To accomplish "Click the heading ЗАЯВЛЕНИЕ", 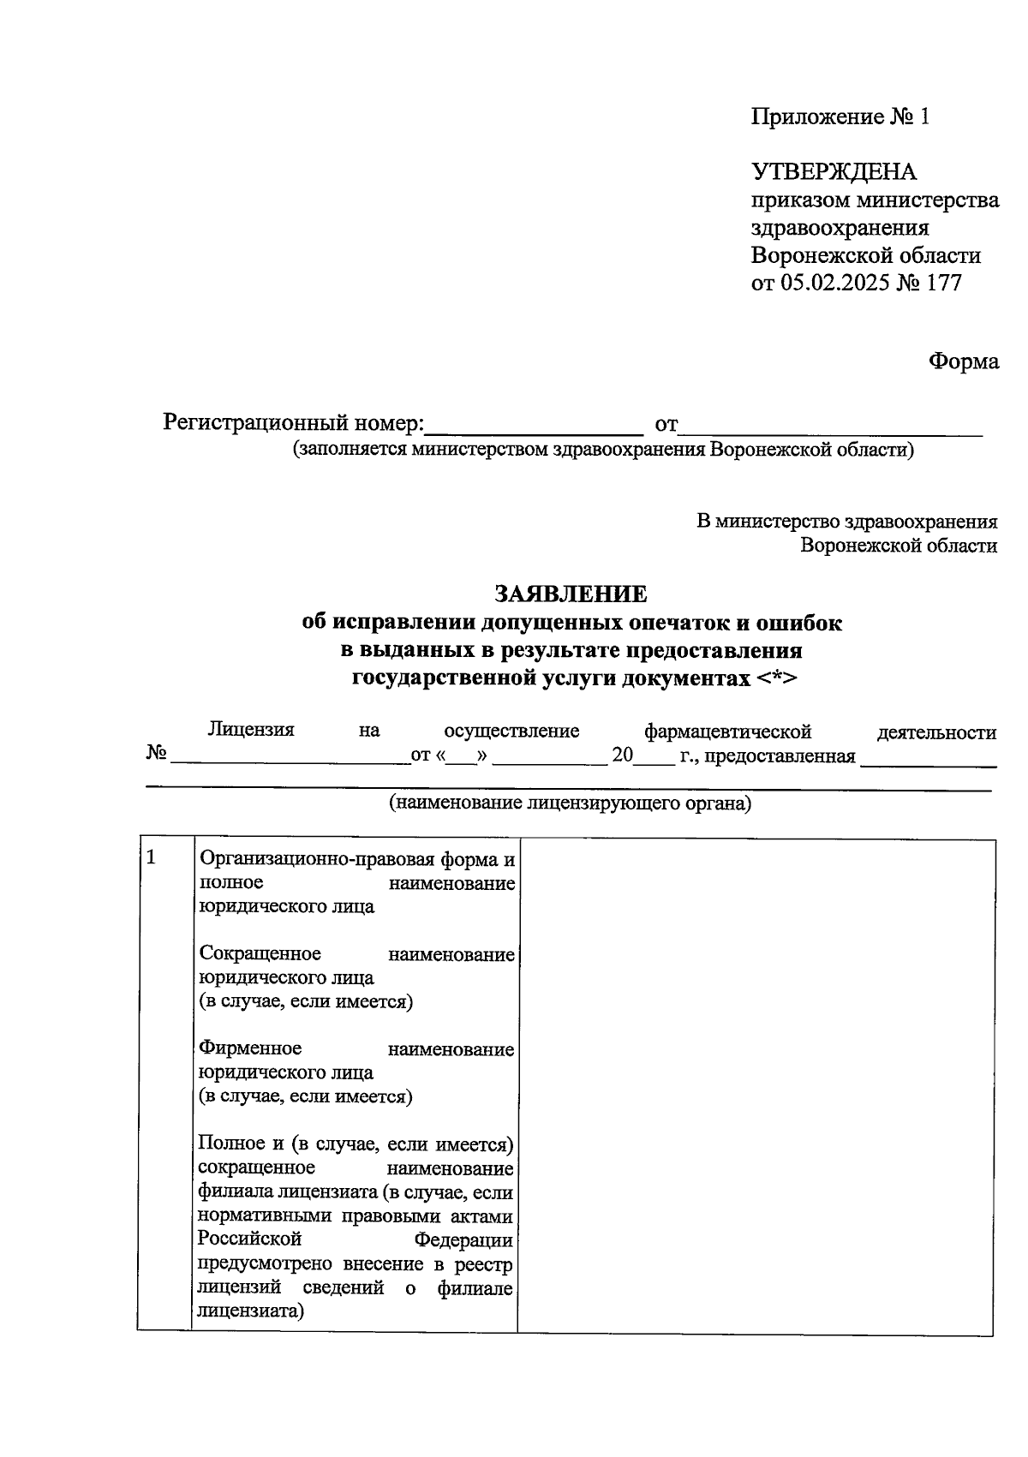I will coord(570,594).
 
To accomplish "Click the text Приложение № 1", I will coord(840,116).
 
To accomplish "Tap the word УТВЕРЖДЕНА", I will coord(834,172).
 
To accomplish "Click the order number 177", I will coord(944,283).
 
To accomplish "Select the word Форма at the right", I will coord(964,361).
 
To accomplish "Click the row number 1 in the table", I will coord(152,857).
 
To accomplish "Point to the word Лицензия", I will coord(250,730).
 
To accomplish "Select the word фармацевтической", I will coord(727,731).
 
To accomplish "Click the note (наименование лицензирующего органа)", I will coord(570,803).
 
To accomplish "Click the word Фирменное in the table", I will coord(249,1048).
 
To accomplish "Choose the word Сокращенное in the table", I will coord(259,953).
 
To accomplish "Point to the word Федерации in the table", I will coord(463,1239).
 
